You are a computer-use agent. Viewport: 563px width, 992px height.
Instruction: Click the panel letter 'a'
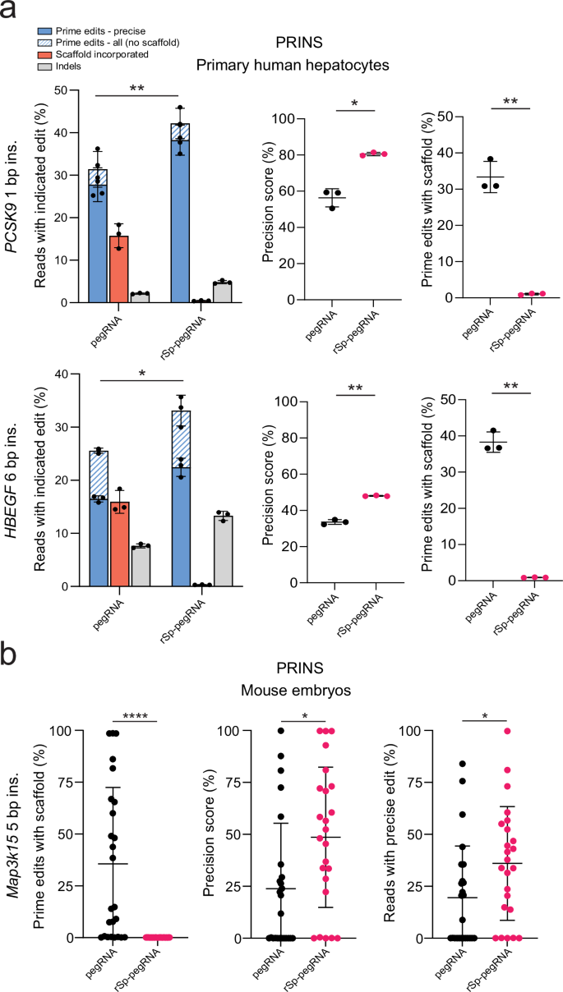[x=10, y=11]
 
